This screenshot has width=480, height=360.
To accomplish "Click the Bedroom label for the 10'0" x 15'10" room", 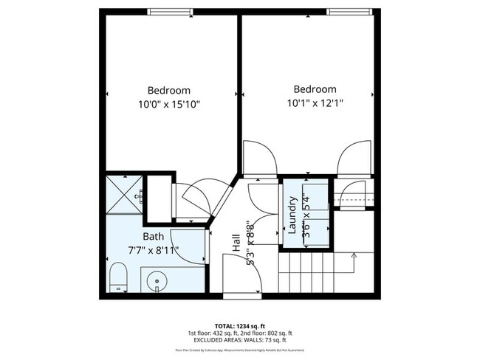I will click(168, 90).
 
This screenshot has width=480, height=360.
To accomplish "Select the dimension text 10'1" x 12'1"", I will click(315, 103).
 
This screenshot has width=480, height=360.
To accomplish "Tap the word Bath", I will click(154, 237).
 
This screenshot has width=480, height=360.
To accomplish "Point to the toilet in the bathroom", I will click(117, 278).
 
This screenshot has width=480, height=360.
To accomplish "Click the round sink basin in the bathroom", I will click(156, 281).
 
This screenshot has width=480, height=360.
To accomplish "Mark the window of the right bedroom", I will click(349, 12).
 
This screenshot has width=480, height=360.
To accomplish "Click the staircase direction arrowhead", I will click(354, 255).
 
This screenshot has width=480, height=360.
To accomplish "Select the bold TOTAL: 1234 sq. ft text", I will click(240, 325).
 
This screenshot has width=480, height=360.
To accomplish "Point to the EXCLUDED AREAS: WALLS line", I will click(240, 340).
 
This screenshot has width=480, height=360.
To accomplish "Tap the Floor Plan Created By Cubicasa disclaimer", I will click(240, 350).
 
